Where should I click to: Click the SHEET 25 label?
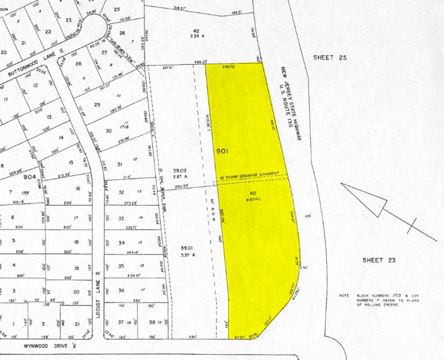pyautogui.click(x=330, y=58)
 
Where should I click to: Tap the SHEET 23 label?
pyautogui.click(x=378, y=260)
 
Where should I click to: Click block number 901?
pyautogui.click(x=223, y=150)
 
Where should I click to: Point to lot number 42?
pyautogui.click(x=197, y=31)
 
